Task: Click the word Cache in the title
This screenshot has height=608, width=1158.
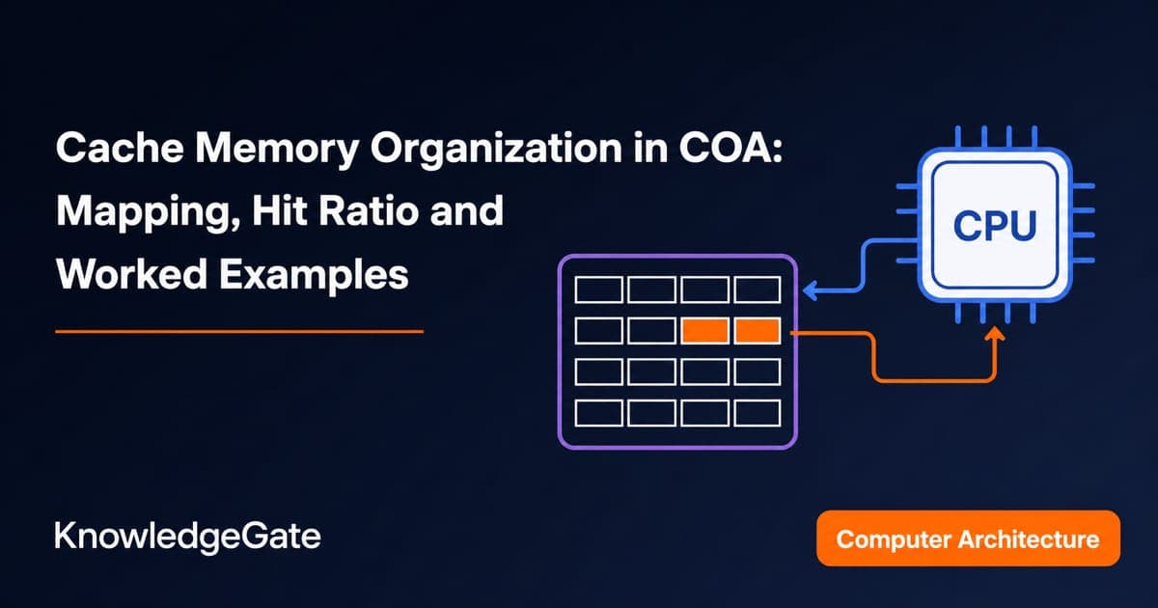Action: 120,148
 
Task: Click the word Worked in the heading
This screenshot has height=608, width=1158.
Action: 132,274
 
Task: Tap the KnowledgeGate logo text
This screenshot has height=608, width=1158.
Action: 187,537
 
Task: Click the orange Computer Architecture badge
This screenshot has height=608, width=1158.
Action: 968,539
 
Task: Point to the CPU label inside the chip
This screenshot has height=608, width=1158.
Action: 995,226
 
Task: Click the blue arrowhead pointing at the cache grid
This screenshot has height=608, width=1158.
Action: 810,290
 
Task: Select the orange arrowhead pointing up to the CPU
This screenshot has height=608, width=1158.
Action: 994,334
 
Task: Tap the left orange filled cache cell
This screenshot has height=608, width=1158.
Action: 705,331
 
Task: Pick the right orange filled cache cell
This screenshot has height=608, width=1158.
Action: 758,331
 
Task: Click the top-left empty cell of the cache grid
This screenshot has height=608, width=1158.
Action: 598,290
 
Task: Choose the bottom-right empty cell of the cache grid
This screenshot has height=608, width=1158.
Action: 758,413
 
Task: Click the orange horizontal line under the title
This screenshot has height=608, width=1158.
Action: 239,332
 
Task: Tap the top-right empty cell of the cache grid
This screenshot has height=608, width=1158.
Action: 758,290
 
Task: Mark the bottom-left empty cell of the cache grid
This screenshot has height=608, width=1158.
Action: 598,413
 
